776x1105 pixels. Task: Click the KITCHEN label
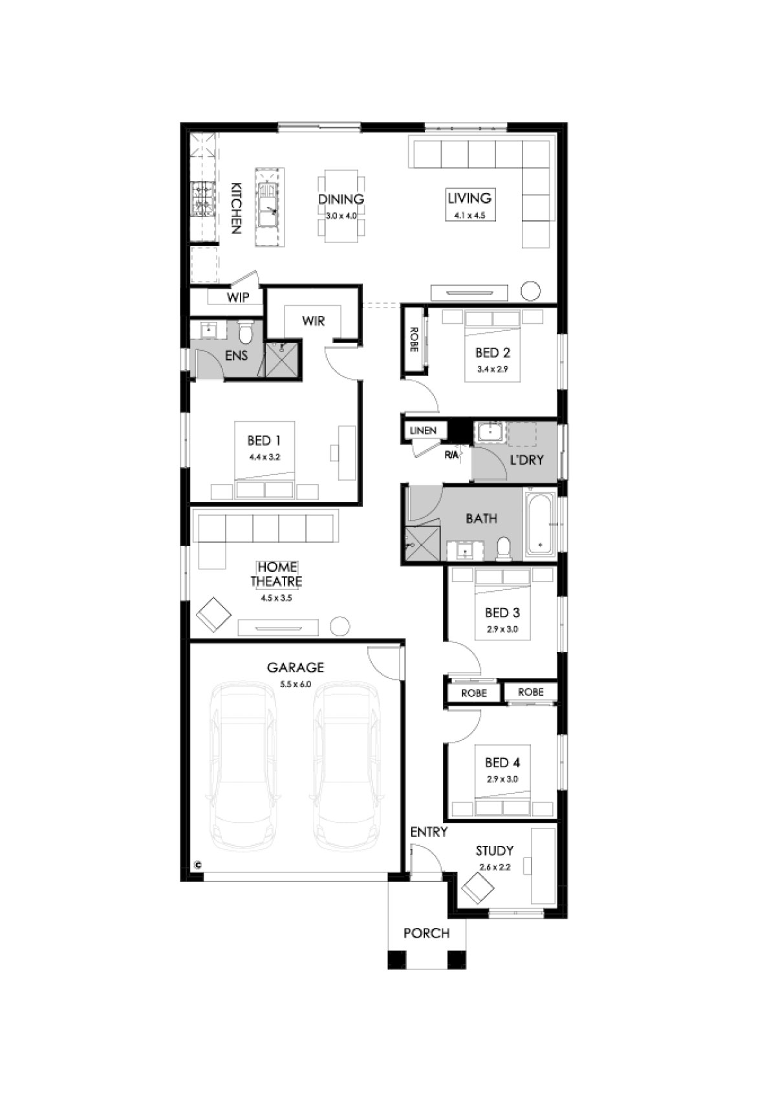pyautogui.click(x=237, y=207)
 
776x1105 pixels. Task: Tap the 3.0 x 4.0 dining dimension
pyautogui.click(x=341, y=216)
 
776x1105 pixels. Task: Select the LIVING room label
pyautogui.click(x=469, y=198)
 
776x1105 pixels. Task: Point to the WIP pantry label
pyautogui.click(x=238, y=297)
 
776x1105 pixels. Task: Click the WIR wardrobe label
pyautogui.click(x=314, y=321)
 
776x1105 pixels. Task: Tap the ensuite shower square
pyautogui.click(x=282, y=360)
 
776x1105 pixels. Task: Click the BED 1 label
pyautogui.click(x=264, y=440)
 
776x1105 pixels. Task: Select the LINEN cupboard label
pyautogui.click(x=423, y=430)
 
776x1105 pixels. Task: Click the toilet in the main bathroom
pyautogui.click(x=504, y=549)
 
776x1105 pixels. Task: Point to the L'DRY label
pyautogui.click(x=527, y=459)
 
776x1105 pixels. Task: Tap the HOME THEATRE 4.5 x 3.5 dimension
pyautogui.click(x=276, y=598)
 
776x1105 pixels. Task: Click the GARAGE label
pyautogui.click(x=295, y=668)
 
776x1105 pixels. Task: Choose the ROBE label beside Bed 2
pyautogui.click(x=414, y=340)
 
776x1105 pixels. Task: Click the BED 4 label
pyautogui.click(x=502, y=763)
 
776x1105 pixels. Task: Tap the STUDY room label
pyautogui.click(x=494, y=850)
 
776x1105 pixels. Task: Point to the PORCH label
pyautogui.click(x=427, y=933)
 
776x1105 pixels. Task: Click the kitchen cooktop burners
pyautogui.click(x=203, y=199)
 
